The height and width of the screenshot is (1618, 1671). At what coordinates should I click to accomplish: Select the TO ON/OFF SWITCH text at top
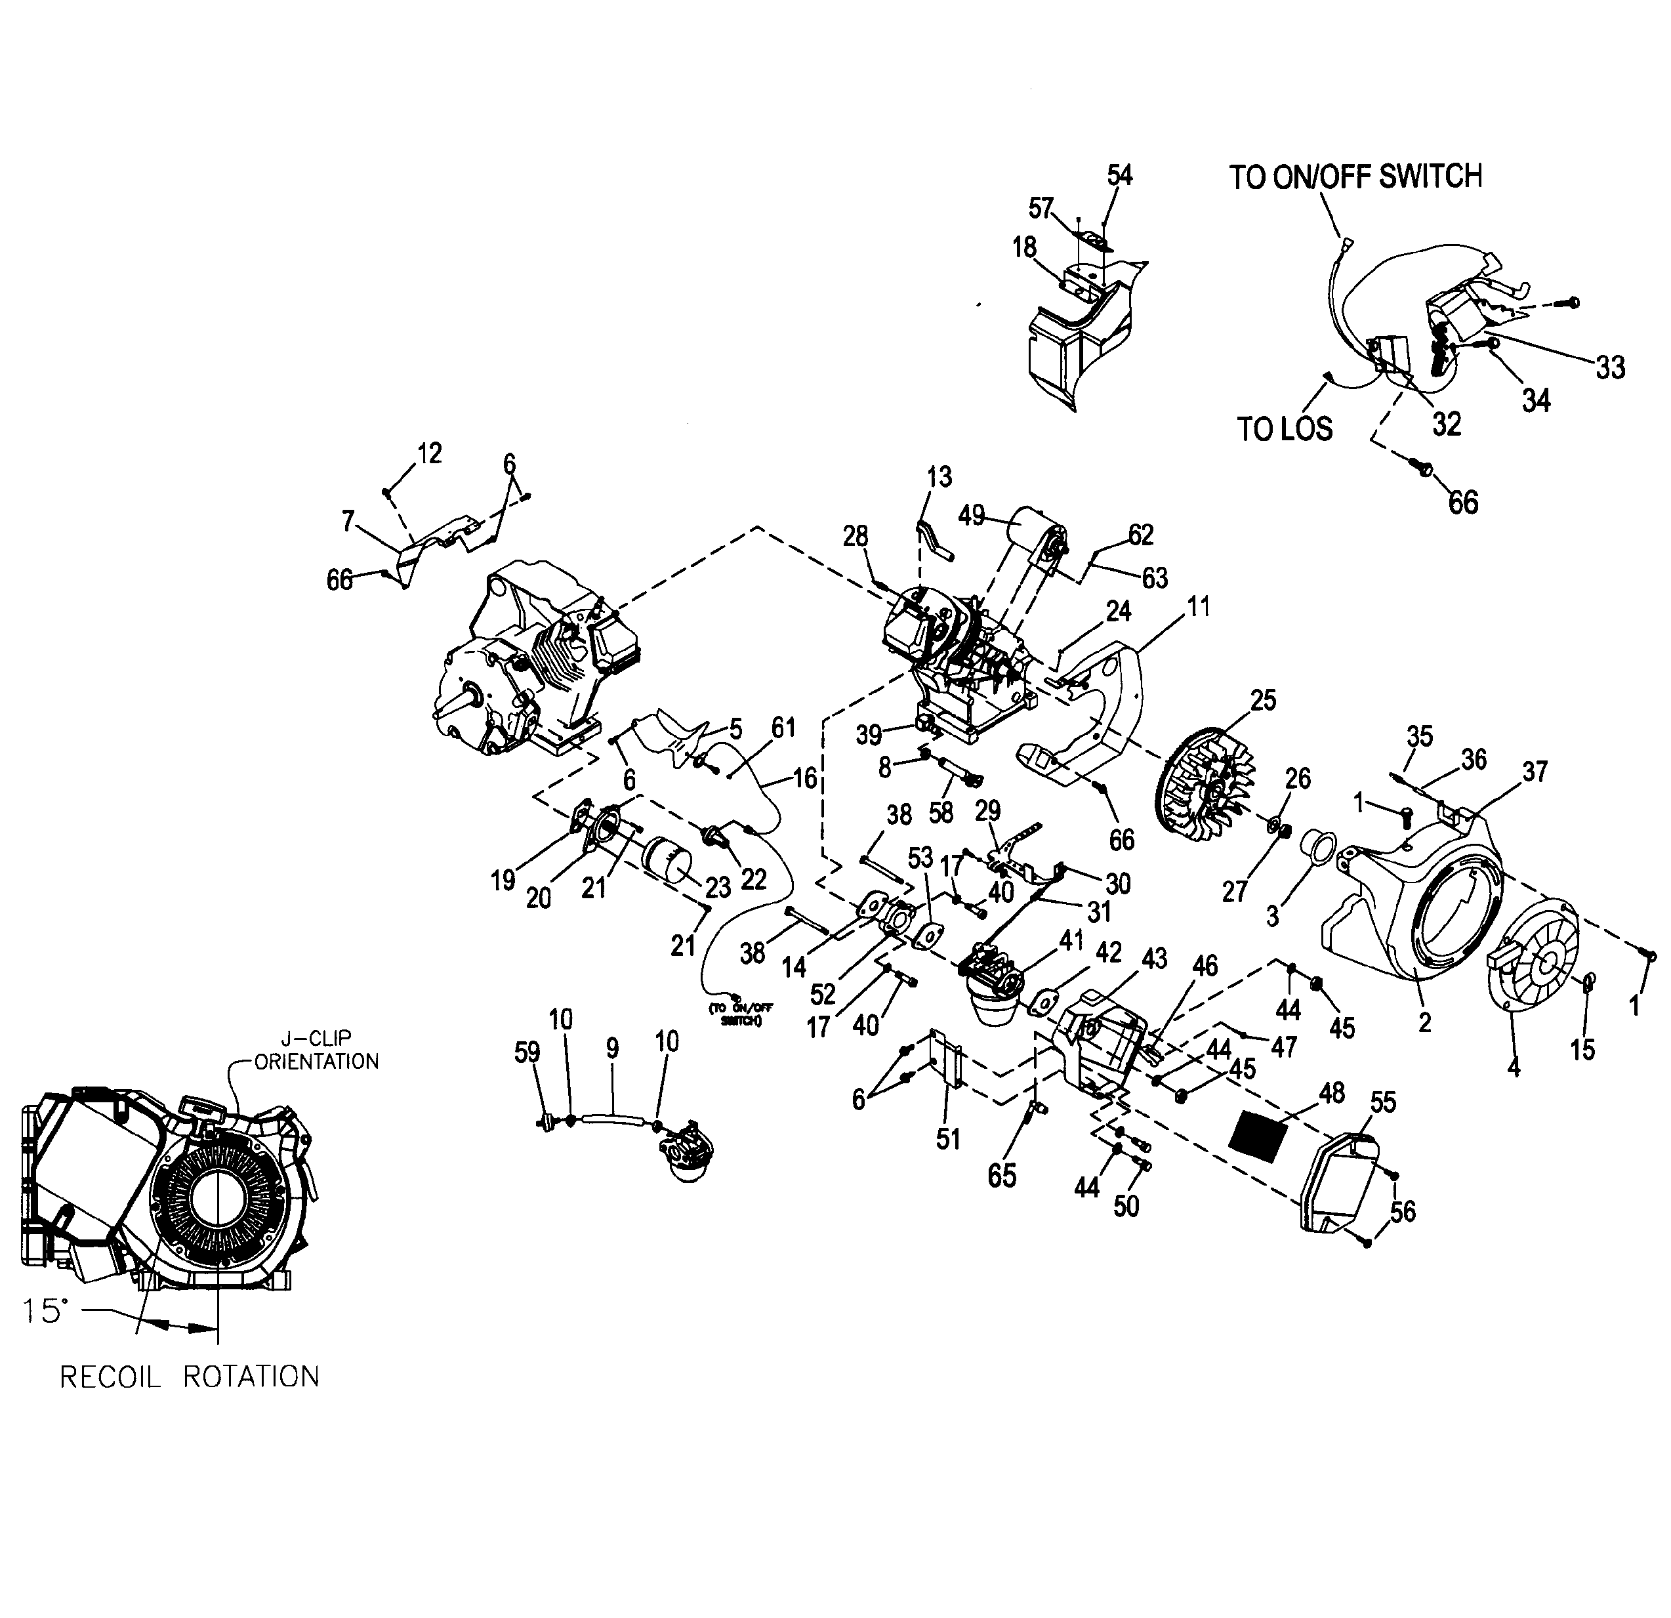pyautogui.click(x=1355, y=176)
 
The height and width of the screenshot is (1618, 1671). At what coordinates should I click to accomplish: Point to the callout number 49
pyautogui.click(x=971, y=516)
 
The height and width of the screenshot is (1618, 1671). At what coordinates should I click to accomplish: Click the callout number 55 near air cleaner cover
pyautogui.click(x=1383, y=1102)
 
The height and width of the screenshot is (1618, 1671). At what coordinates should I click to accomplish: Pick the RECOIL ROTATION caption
pyautogui.click(x=189, y=1377)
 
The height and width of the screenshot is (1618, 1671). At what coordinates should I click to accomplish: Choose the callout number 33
pyautogui.click(x=1611, y=367)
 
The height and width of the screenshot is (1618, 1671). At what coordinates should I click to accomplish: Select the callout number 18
pyautogui.click(x=1024, y=247)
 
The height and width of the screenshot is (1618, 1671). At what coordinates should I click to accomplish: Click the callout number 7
pyautogui.click(x=348, y=521)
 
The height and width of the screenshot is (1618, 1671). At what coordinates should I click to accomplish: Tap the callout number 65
pyautogui.click(x=1002, y=1176)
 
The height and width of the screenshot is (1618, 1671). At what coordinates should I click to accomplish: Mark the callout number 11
pyautogui.click(x=1199, y=607)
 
